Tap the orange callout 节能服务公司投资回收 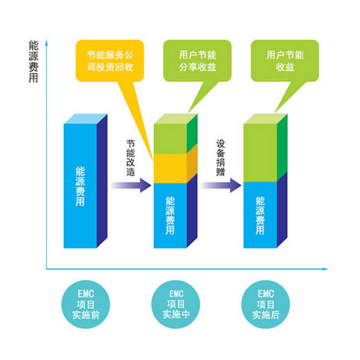[x=109, y=60]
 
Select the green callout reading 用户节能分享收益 [x=193, y=60]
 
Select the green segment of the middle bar [x=170, y=138]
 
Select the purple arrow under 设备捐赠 [x=220, y=186]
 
